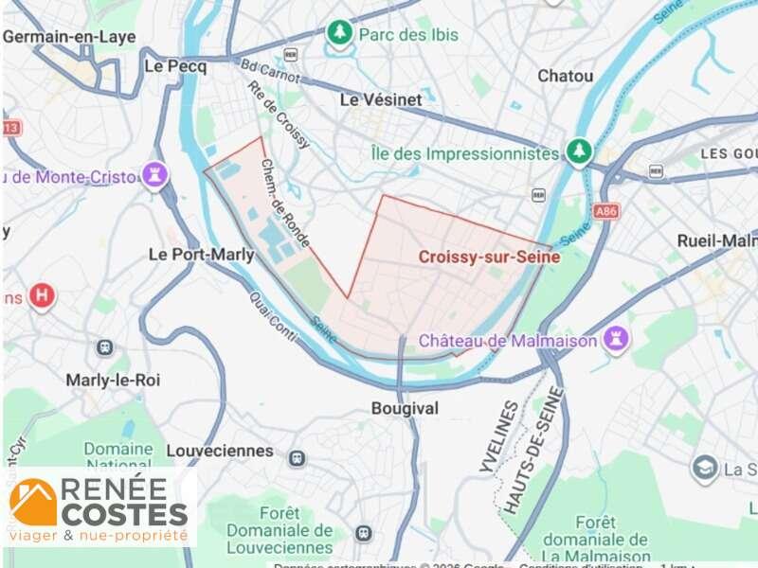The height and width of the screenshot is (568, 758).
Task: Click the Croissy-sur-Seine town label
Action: pyautogui.click(x=489, y=256)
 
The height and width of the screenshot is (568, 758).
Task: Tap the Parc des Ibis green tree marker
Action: pyautogui.click(x=339, y=34)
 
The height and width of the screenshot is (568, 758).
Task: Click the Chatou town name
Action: pyautogui.click(x=566, y=76)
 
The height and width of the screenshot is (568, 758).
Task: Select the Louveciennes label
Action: pyautogui.click(x=220, y=451)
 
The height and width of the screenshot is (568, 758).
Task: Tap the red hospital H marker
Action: pyautogui.click(x=41, y=296)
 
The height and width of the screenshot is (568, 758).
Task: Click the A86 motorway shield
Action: pyautogui.click(x=606, y=211)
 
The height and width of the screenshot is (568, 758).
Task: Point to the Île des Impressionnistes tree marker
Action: pyautogui.click(x=578, y=151)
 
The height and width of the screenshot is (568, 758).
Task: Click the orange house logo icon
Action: pyautogui.click(x=34, y=502)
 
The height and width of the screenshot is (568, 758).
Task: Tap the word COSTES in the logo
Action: pyautogui.click(x=124, y=514)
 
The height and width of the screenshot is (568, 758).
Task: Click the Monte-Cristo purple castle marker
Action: pyautogui.click(x=153, y=175)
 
